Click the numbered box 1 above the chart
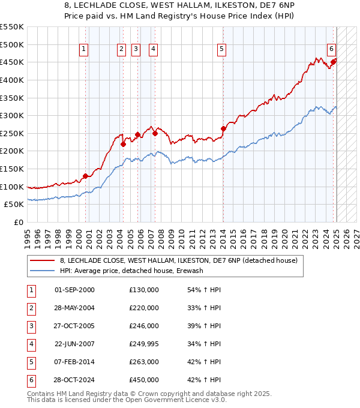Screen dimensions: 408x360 83,49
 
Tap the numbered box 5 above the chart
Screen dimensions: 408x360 222,49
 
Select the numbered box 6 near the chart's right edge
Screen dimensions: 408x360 331,49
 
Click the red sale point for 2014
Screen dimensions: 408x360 223,128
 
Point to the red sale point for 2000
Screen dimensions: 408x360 85,176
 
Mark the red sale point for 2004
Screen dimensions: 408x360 123,144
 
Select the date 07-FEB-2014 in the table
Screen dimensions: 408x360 74,362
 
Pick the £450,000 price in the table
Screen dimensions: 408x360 144,380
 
